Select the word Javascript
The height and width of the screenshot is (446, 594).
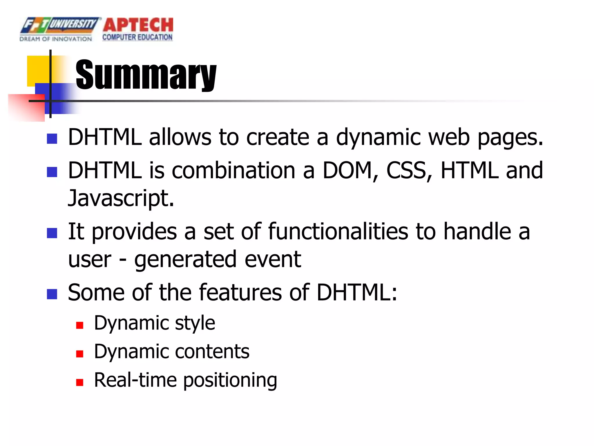click(x=121, y=198)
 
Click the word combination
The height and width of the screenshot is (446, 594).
click(x=233, y=170)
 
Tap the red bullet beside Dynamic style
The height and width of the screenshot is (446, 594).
click(x=80, y=325)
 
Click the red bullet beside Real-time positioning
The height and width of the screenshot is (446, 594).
click(x=80, y=382)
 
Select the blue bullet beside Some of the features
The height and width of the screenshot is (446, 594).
click(x=52, y=294)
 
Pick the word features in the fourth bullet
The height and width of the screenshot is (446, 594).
click(x=240, y=292)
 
